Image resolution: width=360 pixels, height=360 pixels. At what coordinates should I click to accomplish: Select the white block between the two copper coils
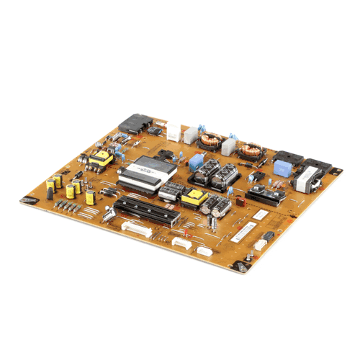pyautogui.click(x=227, y=146)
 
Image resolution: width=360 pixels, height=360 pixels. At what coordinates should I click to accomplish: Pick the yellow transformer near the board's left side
pyautogui.click(x=103, y=158)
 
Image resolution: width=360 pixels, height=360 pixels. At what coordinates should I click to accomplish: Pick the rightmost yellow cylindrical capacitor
pyautogui.click(x=90, y=196)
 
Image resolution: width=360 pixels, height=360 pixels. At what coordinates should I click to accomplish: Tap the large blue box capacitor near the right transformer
pyautogui.click(x=282, y=168)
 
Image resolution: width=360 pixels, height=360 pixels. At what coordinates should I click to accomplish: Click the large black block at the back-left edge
pyautogui.click(x=131, y=124)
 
